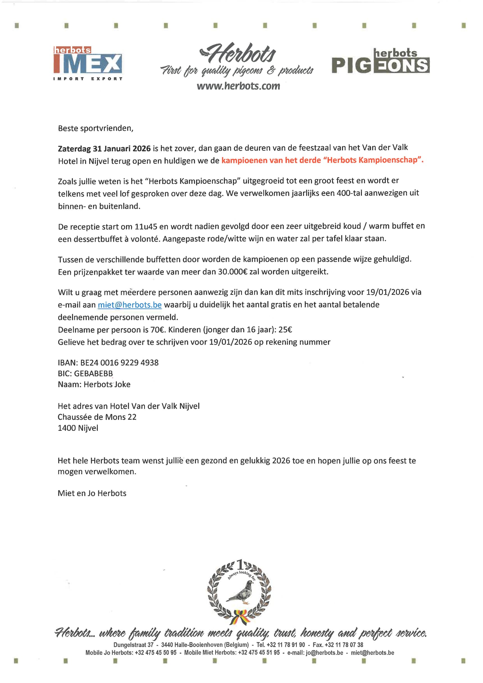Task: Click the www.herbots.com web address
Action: tap(238, 86)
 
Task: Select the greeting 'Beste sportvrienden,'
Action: tap(95, 128)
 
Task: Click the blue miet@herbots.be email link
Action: tap(130, 305)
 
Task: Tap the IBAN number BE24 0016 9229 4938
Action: tap(119, 363)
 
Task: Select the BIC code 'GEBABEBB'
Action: tap(94, 374)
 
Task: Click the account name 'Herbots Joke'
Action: tap(107, 384)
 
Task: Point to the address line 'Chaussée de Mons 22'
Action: tap(97, 417)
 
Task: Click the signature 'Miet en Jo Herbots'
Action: tap(92, 493)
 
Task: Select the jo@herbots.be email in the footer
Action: tap(324, 653)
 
